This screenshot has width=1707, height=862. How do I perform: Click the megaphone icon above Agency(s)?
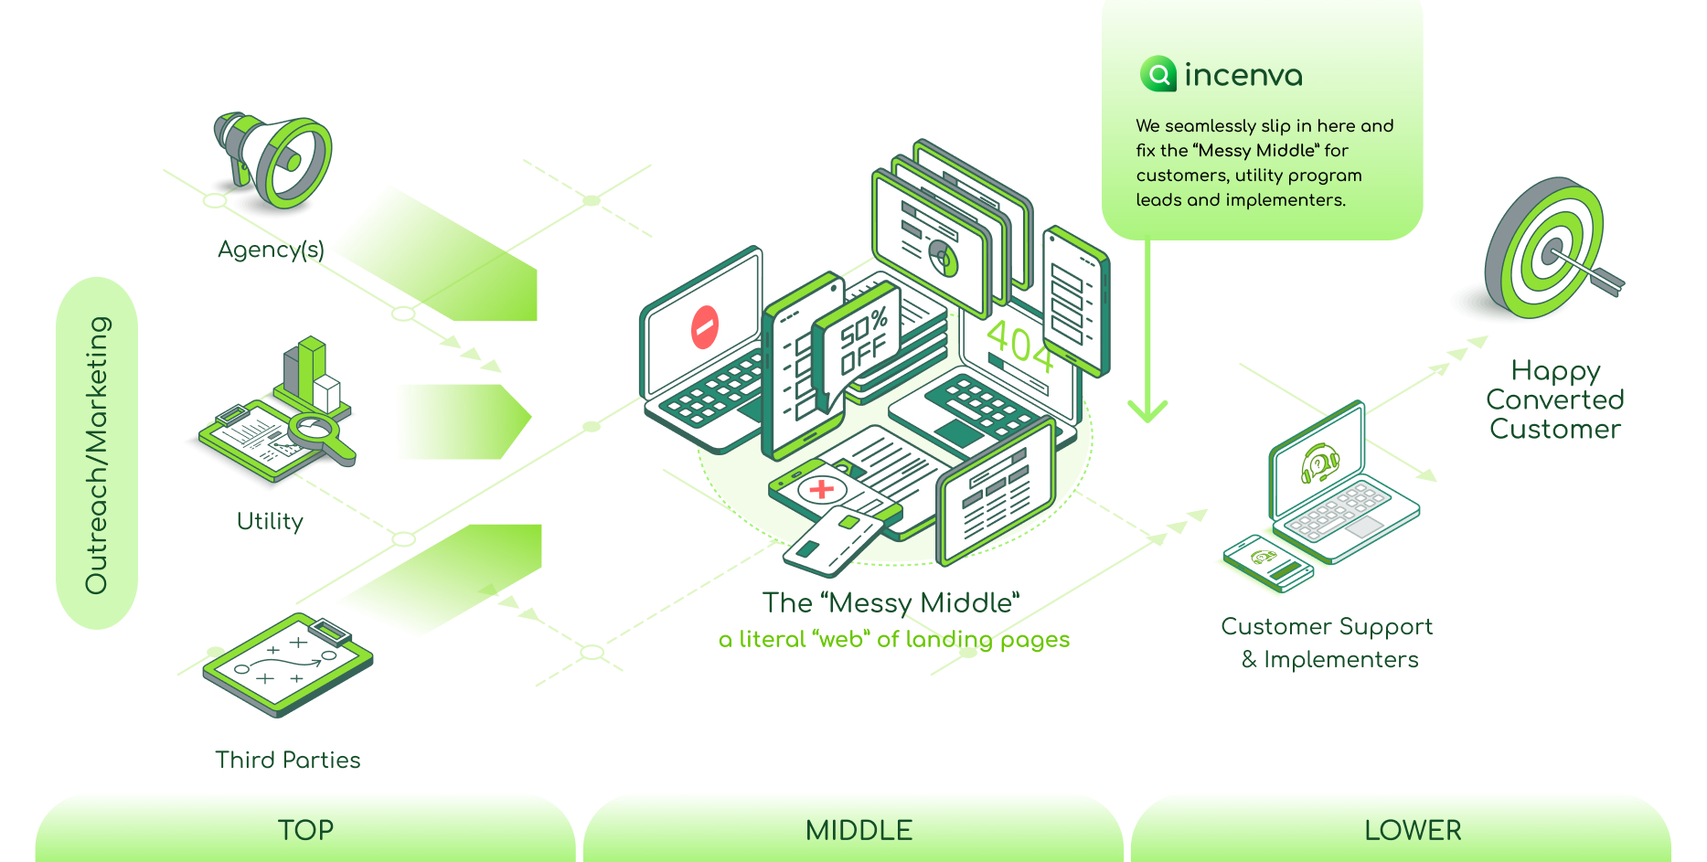[x=273, y=161]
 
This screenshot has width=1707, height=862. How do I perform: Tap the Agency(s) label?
[x=271, y=250]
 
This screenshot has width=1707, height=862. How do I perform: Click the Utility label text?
[x=270, y=521]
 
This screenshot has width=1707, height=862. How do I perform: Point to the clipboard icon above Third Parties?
[x=288, y=664]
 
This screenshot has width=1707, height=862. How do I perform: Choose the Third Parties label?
[x=288, y=760]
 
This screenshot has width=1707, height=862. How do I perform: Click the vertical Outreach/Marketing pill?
[x=97, y=453]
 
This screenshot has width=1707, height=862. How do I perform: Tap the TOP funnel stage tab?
[x=305, y=829]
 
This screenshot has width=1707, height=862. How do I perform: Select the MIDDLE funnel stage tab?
[x=859, y=829]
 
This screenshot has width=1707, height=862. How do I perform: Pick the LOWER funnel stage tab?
[x=1413, y=829]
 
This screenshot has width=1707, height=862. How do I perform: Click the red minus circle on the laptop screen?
[x=705, y=327]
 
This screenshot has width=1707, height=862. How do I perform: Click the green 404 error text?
[x=1019, y=346]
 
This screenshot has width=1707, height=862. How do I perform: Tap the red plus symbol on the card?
[x=821, y=489]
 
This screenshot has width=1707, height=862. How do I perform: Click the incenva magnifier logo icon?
[x=1158, y=74]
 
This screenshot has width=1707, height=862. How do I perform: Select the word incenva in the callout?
[x=1243, y=75]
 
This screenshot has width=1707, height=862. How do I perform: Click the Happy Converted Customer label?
[x=1554, y=399]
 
